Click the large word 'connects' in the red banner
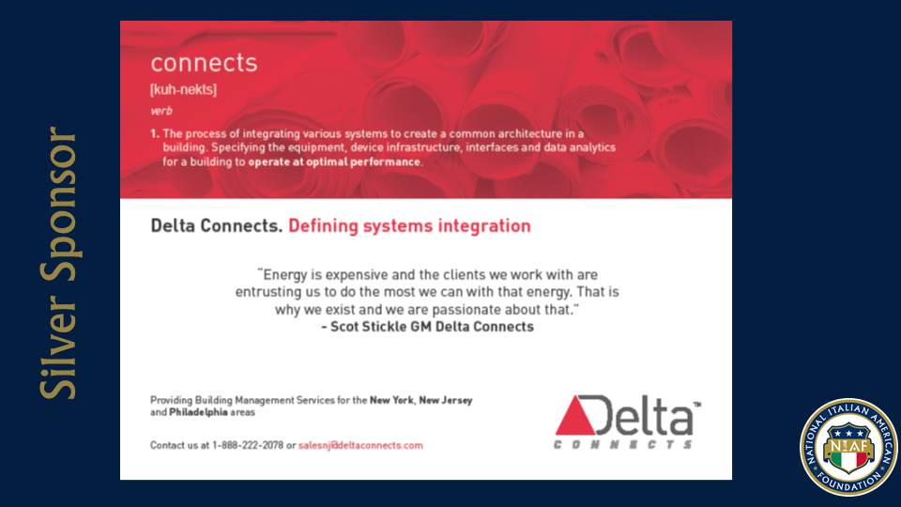[x=204, y=63]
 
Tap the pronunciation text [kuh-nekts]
[x=183, y=90]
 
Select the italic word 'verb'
[x=161, y=111]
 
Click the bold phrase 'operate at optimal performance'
[x=334, y=162]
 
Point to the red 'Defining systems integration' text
[x=409, y=226]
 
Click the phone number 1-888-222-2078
[x=248, y=445]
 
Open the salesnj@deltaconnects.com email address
[x=360, y=445]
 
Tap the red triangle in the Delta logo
[x=574, y=417]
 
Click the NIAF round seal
[x=848, y=447]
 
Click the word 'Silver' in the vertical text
[x=58, y=347]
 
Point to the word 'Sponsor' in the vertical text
[x=58, y=205]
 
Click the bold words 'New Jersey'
[x=445, y=400]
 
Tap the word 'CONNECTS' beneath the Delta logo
[x=623, y=444]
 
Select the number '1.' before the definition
[x=155, y=134]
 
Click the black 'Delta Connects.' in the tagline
[x=217, y=226]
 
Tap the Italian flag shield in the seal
[x=848, y=452]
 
